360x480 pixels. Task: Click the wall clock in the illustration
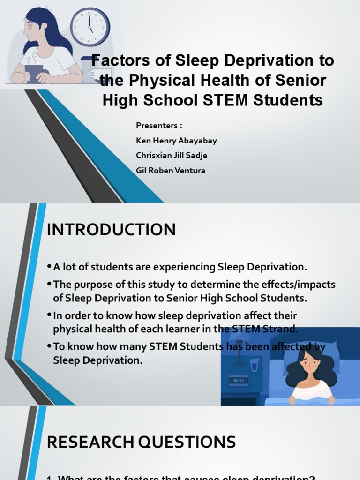pos(90,27)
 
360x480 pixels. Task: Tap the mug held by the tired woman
pos(34,73)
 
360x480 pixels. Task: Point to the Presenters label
pos(158,126)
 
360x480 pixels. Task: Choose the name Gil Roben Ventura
pos(171,171)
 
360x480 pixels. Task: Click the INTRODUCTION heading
pos(111,230)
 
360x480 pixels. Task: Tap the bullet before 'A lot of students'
pos(49,267)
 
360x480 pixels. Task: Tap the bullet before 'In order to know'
pos(49,315)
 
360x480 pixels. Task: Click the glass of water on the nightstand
pos(255,364)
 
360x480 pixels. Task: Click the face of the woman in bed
pos(309,361)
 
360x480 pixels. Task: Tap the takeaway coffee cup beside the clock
pos(89,70)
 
